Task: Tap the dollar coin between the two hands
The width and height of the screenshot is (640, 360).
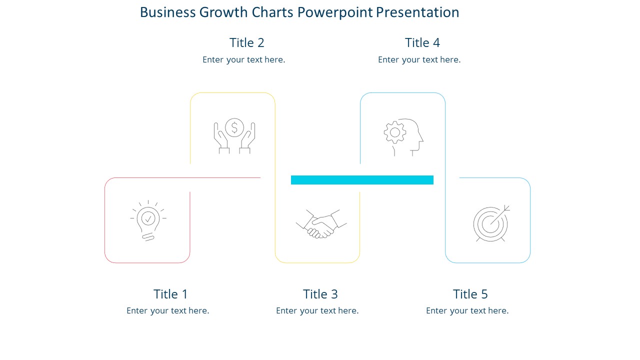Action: (x=234, y=127)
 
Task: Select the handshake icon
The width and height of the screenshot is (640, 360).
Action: (x=321, y=224)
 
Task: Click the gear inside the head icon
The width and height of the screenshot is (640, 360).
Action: (x=394, y=132)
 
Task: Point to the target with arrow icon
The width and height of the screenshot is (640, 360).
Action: (x=491, y=223)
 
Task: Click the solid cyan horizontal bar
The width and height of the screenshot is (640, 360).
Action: (x=362, y=180)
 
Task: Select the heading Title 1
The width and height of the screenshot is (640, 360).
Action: (x=170, y=294)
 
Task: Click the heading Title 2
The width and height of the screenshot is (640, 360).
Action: (x=246, y=43)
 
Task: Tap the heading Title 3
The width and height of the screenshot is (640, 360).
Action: (x=320, y=294)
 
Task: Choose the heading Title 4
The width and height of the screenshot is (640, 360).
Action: (x=422, y=43)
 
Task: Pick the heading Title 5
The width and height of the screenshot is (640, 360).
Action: (x=470, y=294)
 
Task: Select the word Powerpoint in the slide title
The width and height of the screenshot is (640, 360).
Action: (x=335, y=12)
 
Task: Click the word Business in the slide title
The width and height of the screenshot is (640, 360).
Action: (x=167, y=12)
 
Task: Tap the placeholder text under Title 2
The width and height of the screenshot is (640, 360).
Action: (x=243, y=60)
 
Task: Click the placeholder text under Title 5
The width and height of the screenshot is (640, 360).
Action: (x=467, y=311)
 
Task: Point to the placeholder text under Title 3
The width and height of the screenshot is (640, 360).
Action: (x=317, y=311)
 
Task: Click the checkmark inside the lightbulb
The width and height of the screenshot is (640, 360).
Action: (x=148, y=218)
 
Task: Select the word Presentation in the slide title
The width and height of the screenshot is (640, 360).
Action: (x=417, y=12)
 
